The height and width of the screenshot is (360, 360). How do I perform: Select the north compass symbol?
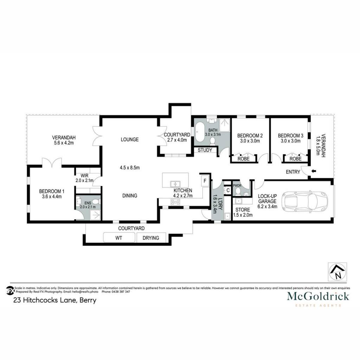pyautogui.click(x=337, y=272)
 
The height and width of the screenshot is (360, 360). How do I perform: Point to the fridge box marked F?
pyautogui.click(x=205, y=181)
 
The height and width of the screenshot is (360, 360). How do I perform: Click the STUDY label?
pyautogui.click(x=205, y=150)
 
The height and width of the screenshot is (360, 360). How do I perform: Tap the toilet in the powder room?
pyautogui.click(x=238, y=191)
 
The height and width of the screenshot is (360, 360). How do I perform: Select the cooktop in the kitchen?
pyautogui.click(x=175, y=202)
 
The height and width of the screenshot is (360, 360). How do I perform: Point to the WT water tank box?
pyautogui.click(x=119, y=238)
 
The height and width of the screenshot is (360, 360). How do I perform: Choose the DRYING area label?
pyautogui.click(x=151, y=238)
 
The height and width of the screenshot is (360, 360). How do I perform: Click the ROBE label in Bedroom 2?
pyautogui.click(x=243, y=159)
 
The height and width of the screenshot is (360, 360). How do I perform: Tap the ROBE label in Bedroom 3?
pyautogui.click(x=295, y=159)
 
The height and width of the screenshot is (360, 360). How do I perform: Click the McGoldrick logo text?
pyautogui.click(x=318, y=296)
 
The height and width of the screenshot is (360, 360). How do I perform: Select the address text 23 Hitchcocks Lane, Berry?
pyautogui.click(x=55, y=300)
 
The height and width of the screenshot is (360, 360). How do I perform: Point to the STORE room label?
pyautogui.click(x=243, y=210)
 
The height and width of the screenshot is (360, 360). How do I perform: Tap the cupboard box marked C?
pyautogui.click(x=228, y=190)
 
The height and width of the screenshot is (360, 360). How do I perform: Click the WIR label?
pyautogui.click(x=84, y=176)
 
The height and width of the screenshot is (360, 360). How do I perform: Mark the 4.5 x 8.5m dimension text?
pyautogui.click(x=130, y=168)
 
